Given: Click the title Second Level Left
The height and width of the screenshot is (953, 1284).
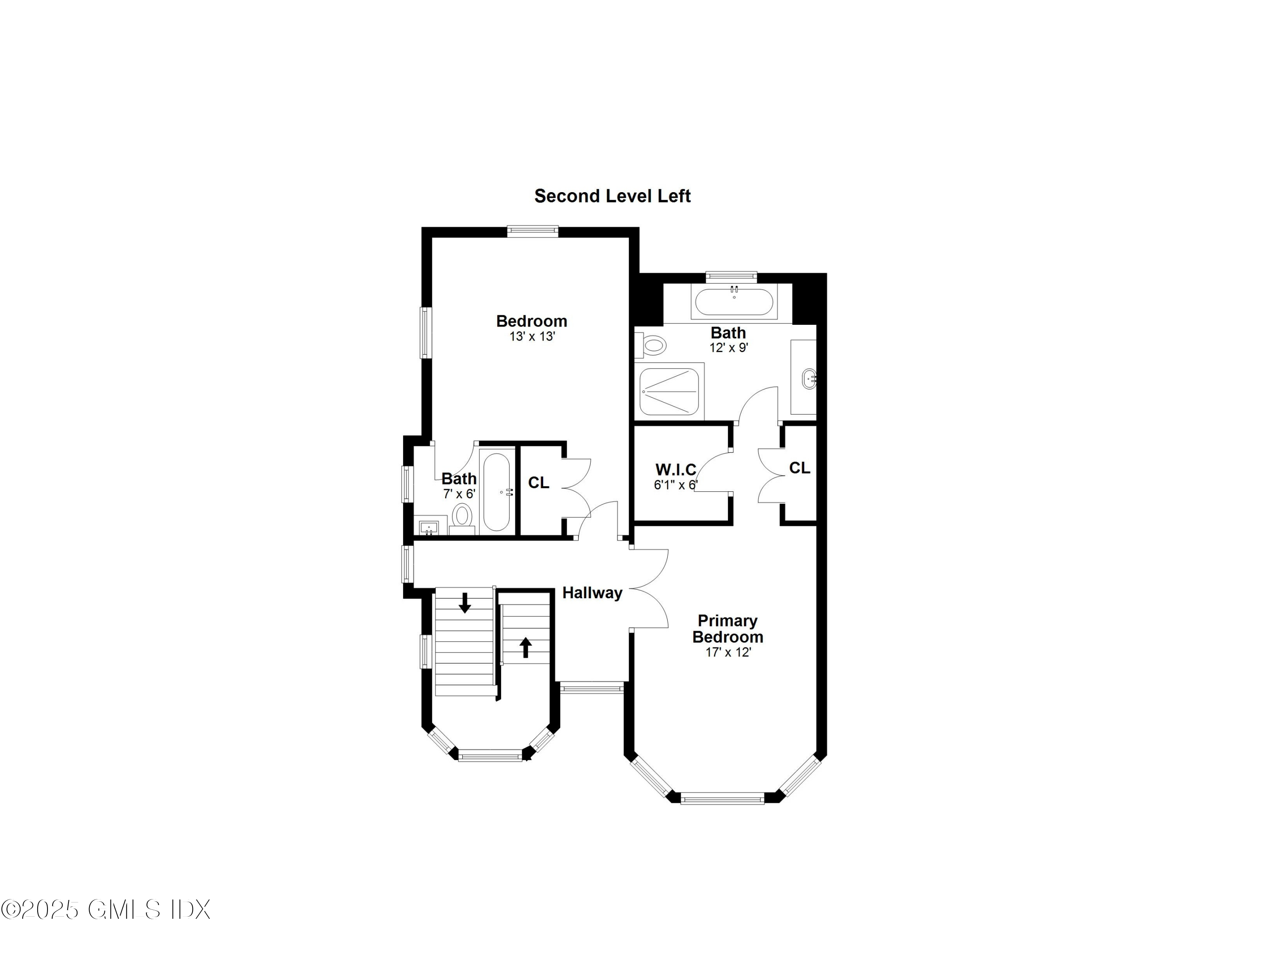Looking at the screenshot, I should (612, 196).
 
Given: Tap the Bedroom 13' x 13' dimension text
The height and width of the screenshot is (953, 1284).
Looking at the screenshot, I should (532, 336).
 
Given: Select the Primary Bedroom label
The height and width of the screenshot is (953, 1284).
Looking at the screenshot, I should (727, 629).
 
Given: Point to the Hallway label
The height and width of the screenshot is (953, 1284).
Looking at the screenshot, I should (592, 593).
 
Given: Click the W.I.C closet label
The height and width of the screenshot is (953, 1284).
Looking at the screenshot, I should (675, 469).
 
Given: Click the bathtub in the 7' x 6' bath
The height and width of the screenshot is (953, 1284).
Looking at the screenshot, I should (496, 492).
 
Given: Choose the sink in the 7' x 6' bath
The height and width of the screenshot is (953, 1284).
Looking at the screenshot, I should (428, 527).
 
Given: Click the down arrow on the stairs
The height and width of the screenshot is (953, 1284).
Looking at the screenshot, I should (464, 603).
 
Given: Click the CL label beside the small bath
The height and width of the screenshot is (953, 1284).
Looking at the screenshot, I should (539, 483).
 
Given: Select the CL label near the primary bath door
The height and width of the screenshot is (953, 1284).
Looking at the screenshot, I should (799, 468).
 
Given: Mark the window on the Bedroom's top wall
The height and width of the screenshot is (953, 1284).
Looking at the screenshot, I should (532, 232).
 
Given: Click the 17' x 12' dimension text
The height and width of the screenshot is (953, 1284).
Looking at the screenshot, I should (728, 653).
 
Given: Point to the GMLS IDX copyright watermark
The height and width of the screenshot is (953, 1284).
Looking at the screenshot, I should (106, 910).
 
